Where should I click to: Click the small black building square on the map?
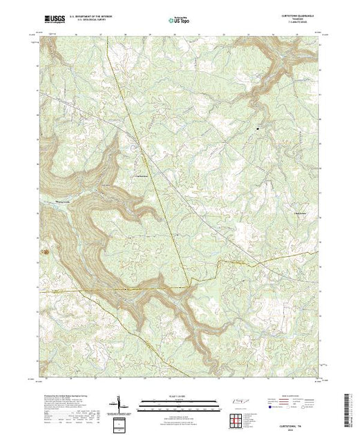(259, 127)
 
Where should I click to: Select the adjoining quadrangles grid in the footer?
(238, 418)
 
